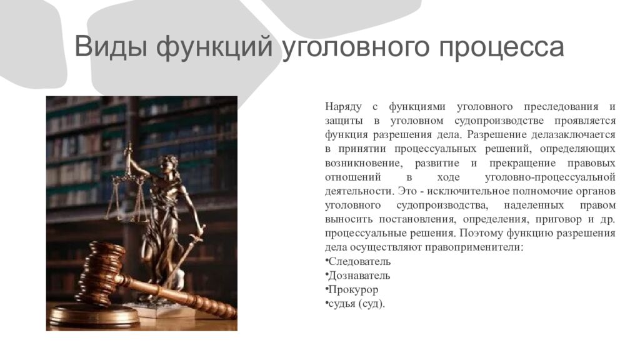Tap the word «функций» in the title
point(214,48)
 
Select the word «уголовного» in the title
point(347,48)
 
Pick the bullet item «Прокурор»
point(352,290)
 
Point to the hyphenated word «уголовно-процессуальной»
point(550,177)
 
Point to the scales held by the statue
point(129,187)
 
